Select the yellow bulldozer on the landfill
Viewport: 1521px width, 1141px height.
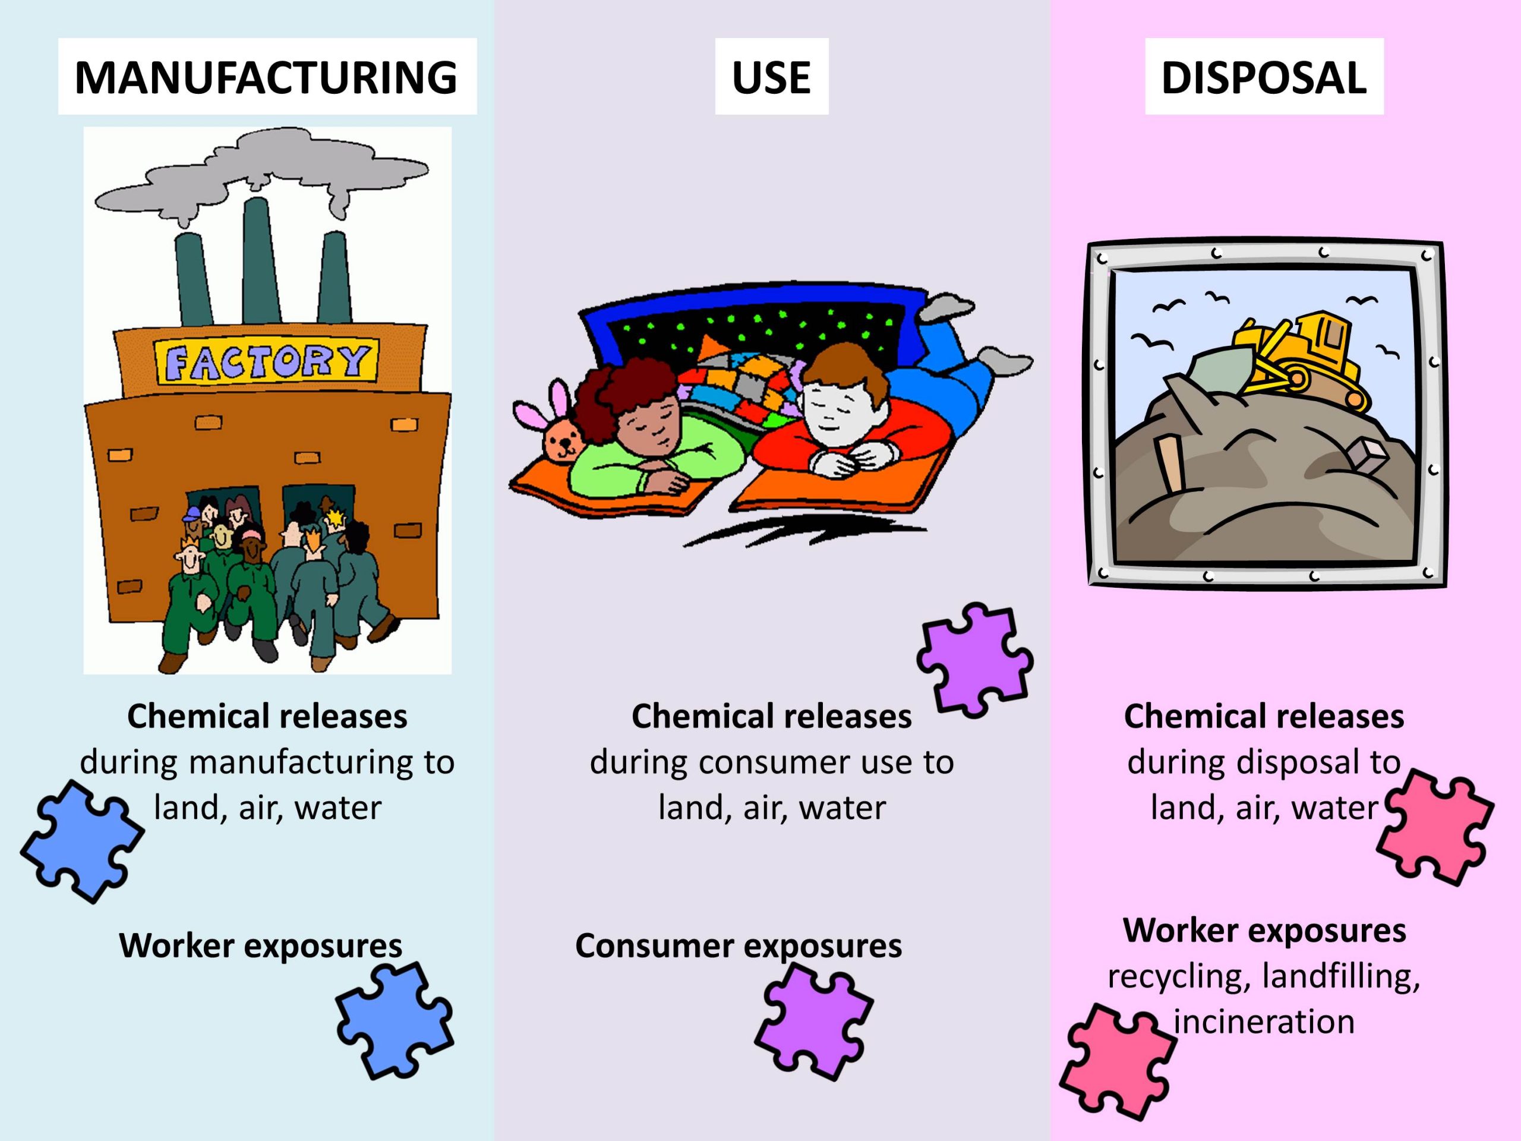coord(1299,358)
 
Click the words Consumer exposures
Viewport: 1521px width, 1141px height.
coord(738,945)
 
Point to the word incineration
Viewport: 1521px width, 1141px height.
coord(1264,1022)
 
